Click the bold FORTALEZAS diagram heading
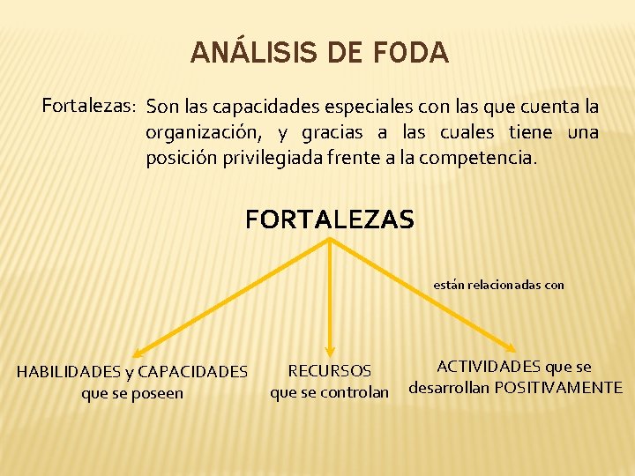click(329, 219)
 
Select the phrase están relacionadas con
click(498, 285)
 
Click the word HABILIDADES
click(69, 372)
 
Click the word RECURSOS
click(329, 371)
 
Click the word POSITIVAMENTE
click(558, 388)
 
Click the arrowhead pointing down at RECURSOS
click(329, 352)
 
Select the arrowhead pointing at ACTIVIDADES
click(514, 349)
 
